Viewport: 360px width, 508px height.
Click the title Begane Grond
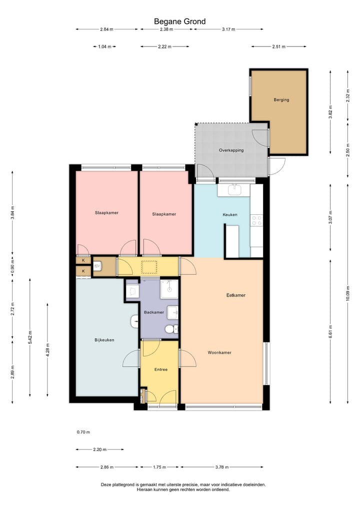click(179, 21)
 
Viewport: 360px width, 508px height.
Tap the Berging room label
click(281, 99)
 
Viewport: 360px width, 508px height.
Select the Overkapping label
click(231, 150)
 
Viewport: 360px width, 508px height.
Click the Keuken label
click(229, 215)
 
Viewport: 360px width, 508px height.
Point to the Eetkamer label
click(235, 295)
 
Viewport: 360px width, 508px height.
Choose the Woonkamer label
click(219, 353)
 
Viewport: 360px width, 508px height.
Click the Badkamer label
click(153, 313)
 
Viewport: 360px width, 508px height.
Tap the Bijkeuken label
click(104, 340)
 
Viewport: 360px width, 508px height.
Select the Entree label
click(160, 370)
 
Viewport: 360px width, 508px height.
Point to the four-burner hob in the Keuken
click(257, 220)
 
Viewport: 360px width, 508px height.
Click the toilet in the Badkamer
click(170, 329)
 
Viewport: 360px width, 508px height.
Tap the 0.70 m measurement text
click(83, 433)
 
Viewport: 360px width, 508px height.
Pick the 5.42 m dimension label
click(30, 338)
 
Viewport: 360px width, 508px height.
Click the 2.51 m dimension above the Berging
click(278, 46)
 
